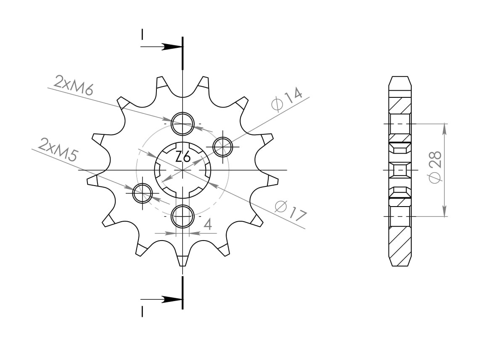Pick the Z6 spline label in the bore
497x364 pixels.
click(x=183, y=157)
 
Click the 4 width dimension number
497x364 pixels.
click(x=208, y=225)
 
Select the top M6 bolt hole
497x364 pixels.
click(x=182, y=123)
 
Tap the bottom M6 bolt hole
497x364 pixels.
click(x=182, y=216)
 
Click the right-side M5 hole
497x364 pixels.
click(x=222, y=147)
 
